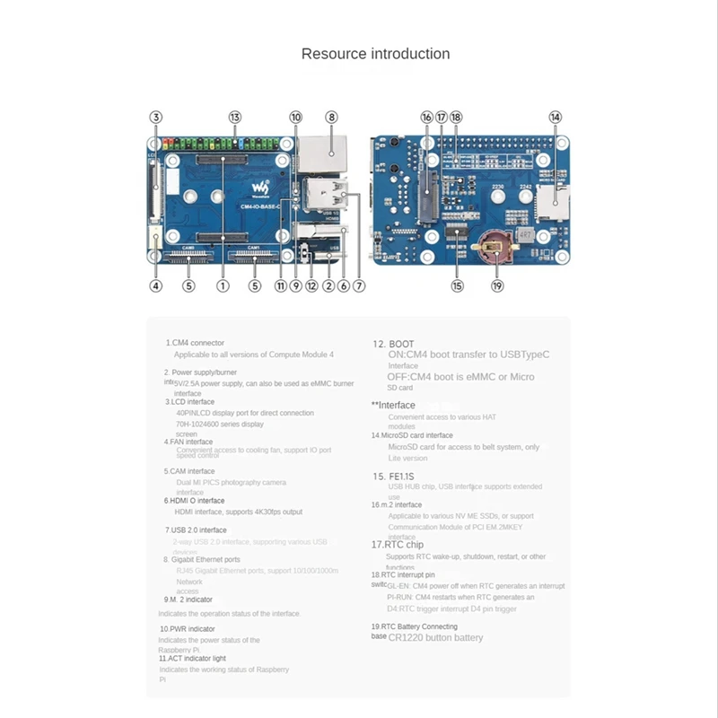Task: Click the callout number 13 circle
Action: tap(235, 118)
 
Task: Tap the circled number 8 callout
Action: tap(331, 118)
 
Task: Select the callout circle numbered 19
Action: tap(498, 286)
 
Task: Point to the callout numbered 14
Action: tap(556, 118)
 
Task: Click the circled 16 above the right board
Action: tap(426, 118)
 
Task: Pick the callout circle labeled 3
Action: tap(155, 118)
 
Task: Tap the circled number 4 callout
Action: tap(155, 286)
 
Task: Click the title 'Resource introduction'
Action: tap(375, 54)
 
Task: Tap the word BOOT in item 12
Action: tap(401, 344)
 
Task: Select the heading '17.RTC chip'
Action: tap(398, 544)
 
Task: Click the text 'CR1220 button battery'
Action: tap(435, 637)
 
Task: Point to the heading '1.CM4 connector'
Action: tap(195, 343)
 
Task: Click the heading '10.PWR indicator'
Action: tap(187, 629)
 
